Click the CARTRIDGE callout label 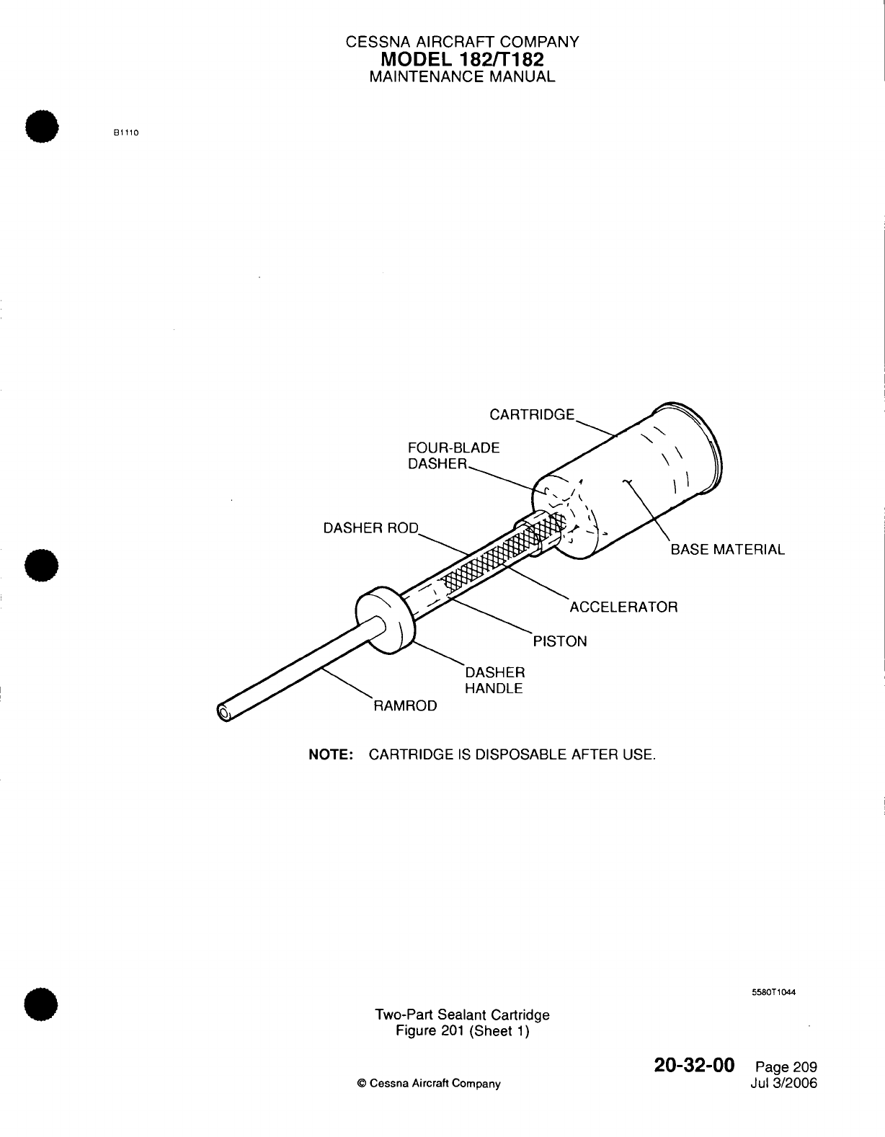point(532,414)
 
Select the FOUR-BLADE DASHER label point(453,456)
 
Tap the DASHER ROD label point(370,528)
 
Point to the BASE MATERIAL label point(727,550)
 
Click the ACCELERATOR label point(623,607)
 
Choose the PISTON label point(559,641)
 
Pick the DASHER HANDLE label point(494,680)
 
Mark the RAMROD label point(404,706)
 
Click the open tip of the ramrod point(223,714)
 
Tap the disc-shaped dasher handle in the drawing point(386,622)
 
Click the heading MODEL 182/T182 point(462,59)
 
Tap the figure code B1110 point(125,133)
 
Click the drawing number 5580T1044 point(773,991)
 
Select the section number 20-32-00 point(694,1065)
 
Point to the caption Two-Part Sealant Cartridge point(462,1015)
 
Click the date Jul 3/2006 point(783,1083)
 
